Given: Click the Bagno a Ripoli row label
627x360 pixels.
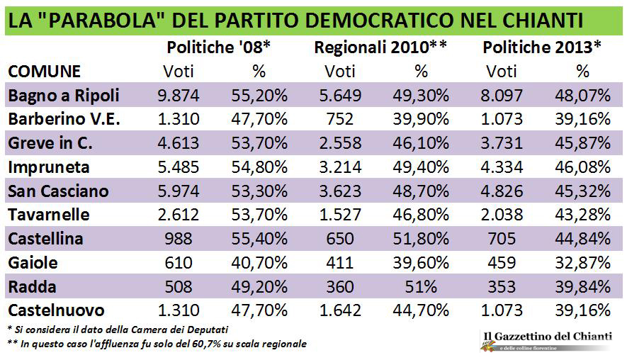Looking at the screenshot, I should coord(63,95).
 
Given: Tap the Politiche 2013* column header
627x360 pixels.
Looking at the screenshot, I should coord(542,47).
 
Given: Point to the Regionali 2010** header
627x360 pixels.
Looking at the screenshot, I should coord(380,47).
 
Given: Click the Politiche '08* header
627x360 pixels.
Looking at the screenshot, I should coord(219,47).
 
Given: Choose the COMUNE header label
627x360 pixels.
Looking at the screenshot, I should coord(44,71).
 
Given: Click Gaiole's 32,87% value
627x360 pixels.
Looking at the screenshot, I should coord(582,262).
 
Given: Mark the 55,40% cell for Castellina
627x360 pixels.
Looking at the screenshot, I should coord(259,238).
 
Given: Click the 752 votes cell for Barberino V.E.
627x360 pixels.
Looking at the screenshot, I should coord(339,119).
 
